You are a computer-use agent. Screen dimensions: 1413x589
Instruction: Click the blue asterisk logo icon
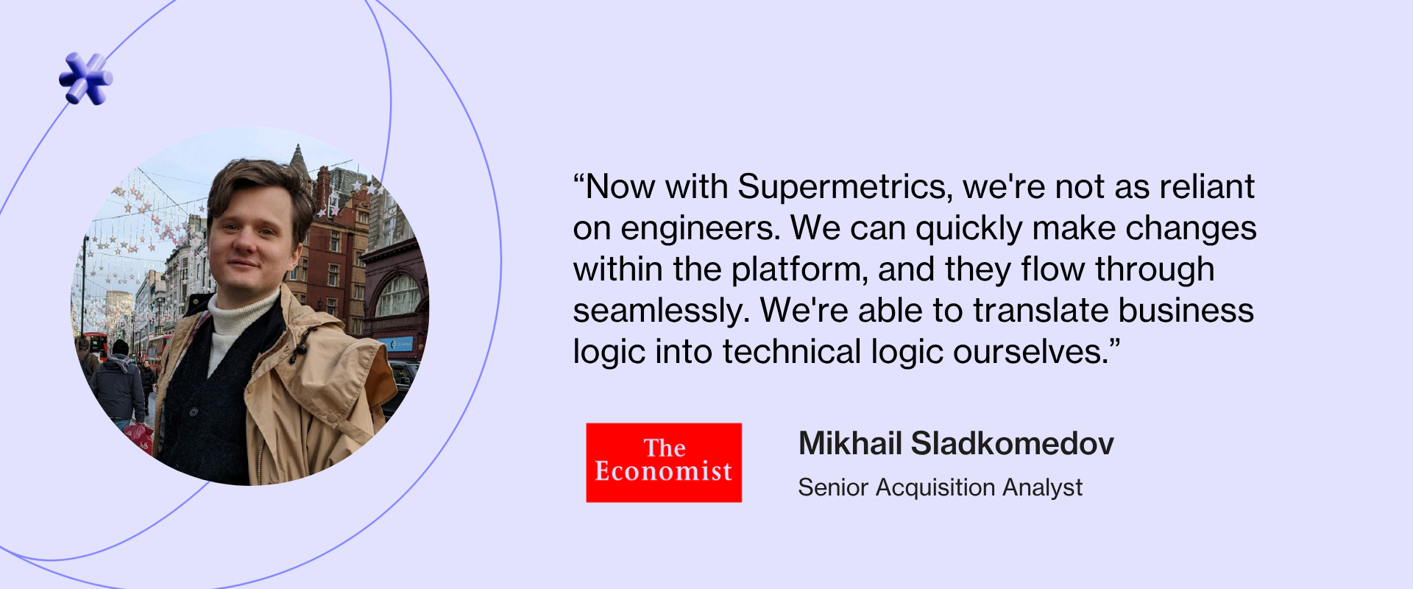point(86,78)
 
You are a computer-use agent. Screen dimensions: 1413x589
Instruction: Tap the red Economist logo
point(664,462)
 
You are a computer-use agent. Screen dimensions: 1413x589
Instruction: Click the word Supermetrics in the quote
point(844,187)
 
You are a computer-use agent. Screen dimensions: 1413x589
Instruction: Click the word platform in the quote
point(800,270)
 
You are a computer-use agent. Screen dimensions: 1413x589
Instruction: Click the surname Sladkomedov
point(1012,444)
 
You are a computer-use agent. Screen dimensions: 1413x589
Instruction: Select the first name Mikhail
point(850,444)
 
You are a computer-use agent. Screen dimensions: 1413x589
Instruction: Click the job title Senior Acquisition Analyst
point(940,487)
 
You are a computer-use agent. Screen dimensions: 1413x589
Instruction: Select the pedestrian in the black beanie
point(118,384)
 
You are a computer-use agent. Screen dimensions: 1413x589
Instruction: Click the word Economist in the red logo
point(663,471)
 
